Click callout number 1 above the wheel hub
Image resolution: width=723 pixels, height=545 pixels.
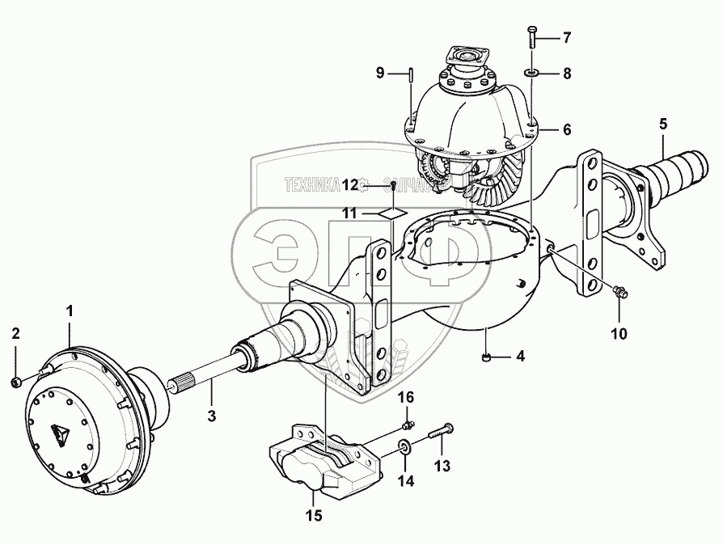pos(70,310)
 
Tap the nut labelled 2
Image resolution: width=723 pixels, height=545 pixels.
pos(17,379)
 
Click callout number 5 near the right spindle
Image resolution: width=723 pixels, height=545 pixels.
pos(662,125)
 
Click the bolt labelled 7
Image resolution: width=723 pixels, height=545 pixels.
pos(531,36)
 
